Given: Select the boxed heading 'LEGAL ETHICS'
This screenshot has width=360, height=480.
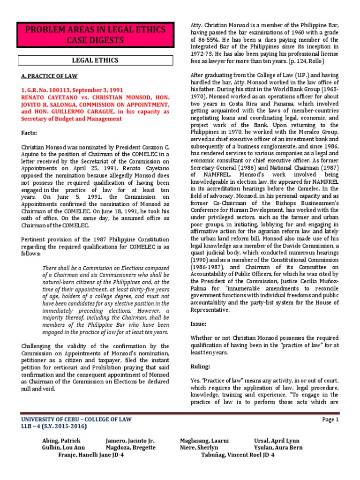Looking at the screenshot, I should point(95,60).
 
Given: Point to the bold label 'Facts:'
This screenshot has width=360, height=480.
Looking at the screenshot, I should point(31,133).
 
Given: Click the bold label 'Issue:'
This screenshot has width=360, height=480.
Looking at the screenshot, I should point(199,323).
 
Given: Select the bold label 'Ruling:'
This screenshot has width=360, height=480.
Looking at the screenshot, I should point(201,367).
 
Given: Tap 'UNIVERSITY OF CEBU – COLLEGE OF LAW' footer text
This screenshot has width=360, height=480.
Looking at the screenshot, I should point(77,420).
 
